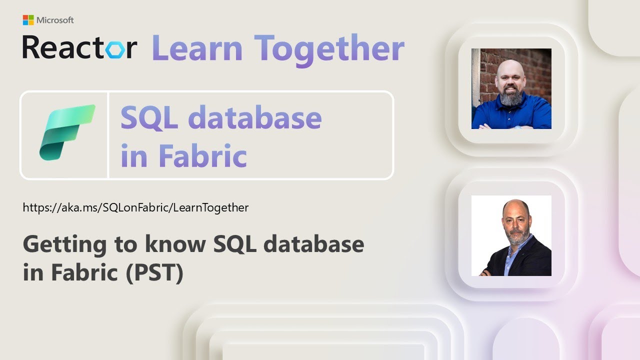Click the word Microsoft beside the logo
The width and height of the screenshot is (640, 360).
click(54, 20)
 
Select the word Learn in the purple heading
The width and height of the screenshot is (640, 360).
click(197, 48)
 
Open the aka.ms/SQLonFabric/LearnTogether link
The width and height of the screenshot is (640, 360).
click(135, 207)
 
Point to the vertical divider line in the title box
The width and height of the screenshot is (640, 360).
click(108, 135)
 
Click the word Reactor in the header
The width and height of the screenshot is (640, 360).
click(79, 48)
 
